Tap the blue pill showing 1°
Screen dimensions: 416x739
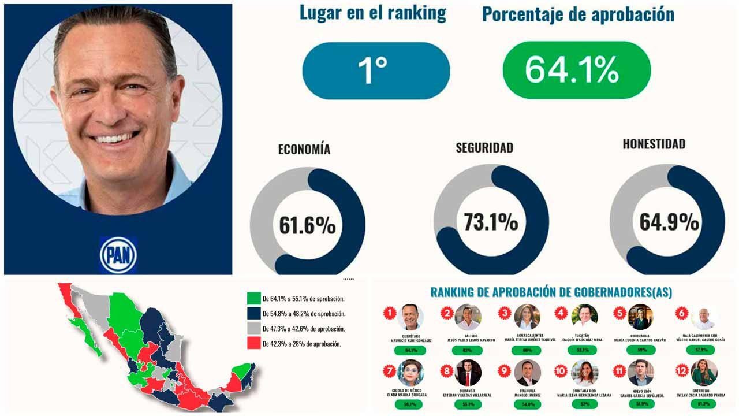pos(376,70)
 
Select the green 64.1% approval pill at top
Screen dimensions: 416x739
pos(577,70)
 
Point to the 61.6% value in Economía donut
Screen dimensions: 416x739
pos(307,225)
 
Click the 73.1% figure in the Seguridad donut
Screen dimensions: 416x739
pos(491,222)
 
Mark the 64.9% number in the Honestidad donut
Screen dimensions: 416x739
pos(669,222)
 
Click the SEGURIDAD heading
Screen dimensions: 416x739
pos(484,147)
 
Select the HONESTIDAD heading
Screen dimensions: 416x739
pos(654,144)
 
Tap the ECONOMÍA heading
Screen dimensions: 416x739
pos(304,149)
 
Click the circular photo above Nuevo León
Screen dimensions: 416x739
pos(641,373)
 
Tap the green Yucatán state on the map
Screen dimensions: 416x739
pos(243,370)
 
